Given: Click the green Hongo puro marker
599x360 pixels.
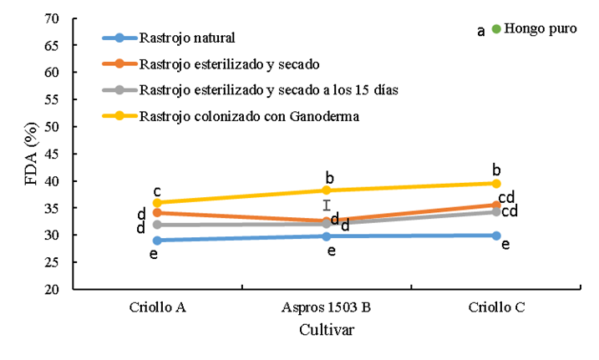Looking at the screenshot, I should [x=496, y=29].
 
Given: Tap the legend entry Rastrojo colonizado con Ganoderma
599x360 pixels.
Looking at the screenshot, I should [x=249, y=116].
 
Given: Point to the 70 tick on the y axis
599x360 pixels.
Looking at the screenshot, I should [x=52, y=18].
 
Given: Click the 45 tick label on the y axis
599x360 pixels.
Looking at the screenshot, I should [x=52, y=154].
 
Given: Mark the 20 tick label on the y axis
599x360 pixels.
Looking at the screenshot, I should [x=52, y=290].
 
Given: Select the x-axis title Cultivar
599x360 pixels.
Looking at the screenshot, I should [x=327, y=330].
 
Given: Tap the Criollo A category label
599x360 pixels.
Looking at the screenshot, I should [x=158, y=307].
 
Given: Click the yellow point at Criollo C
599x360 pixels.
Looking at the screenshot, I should [x=495, y=184].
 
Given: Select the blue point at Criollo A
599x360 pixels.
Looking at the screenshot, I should [x=158, y=241].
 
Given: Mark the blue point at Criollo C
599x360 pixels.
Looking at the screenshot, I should [x=495, y=236].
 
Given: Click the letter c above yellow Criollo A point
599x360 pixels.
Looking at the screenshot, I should [x=156, y=191].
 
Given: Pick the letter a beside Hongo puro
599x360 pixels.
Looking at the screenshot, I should [x=481, y=31].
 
